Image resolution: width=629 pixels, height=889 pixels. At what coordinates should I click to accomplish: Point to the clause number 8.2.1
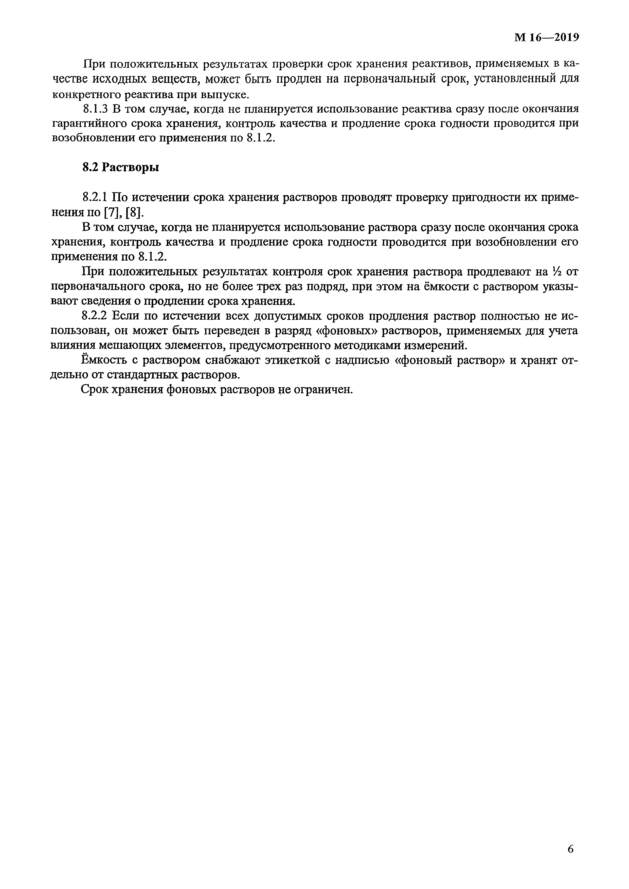click(95, 197)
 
